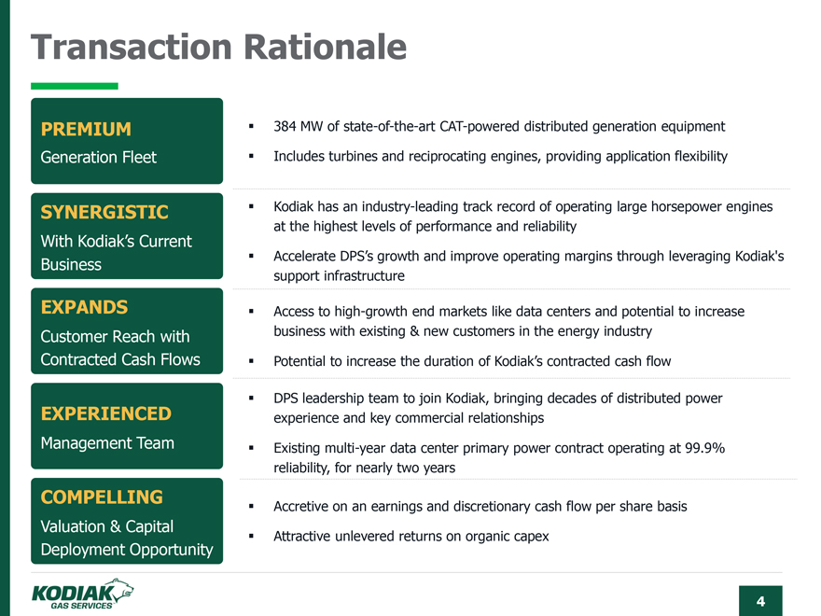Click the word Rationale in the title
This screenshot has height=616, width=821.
tap(326, 48)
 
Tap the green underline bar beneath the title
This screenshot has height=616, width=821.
tap(75, 86)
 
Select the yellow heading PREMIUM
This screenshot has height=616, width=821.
tap(86, 129)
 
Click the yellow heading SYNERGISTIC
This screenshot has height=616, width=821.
tap(104, 212)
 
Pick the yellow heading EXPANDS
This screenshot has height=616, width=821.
tap(84, 307)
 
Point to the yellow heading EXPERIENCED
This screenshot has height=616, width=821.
tap(106, 413)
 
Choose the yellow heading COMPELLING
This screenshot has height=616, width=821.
tap(102, 497)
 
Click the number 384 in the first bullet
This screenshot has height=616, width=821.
tap(285, 127)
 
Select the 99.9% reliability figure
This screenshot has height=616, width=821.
tap(704, 448)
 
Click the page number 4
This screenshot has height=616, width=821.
tap(760, 601)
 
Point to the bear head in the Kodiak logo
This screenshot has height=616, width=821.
tap(122, 589)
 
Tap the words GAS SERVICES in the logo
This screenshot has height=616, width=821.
tap(81, 606)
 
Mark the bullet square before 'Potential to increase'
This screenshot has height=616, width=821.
tap(251, 361)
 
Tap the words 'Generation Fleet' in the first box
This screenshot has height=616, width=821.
tap(99, 157)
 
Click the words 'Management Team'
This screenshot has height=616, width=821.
tap(107, 443)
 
